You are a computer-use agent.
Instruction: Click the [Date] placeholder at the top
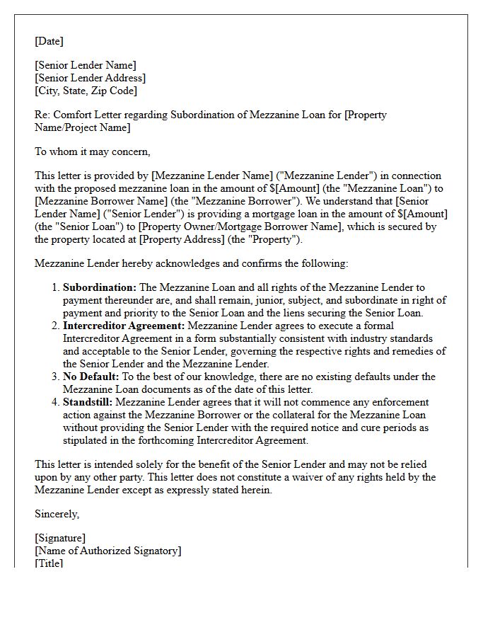click(x=49, y=41)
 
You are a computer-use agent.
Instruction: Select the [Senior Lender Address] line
click(x=91, y=78)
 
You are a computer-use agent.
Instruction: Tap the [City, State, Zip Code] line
click(x=86, y=91)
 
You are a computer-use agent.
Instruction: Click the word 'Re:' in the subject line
click(x=42, y=115)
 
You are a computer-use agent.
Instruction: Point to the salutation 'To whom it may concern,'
click(x=93, y=151)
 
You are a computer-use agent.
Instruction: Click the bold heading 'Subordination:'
click(x=100, y=287)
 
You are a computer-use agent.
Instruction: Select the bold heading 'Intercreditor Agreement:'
click(x=124, y=326)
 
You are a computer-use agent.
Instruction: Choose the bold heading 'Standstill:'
click(x=88, y=402)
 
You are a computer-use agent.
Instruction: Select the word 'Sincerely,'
click(x=57, y=514)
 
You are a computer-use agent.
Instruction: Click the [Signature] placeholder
click(x=60, y=538)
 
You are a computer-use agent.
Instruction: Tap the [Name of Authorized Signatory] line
click(x=107, y=551)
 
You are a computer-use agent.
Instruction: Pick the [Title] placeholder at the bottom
click(x=49, y=563)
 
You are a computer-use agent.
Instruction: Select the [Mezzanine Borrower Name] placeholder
click(x=93, y=201)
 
